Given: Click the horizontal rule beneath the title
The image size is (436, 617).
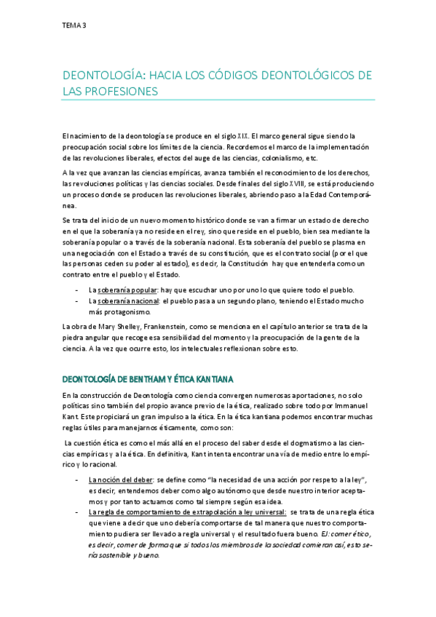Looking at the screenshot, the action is coord(218,100).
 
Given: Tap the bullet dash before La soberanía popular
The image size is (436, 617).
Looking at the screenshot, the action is coord(76,289).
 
